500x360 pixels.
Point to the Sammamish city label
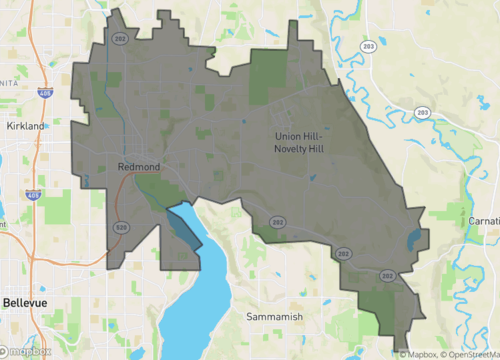pyautogui.click(x=274, y=316)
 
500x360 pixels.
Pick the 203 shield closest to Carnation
pyautogui.click(x=423, y=111)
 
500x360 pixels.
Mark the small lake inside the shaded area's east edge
pyautogui.click(x=414, y=240)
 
